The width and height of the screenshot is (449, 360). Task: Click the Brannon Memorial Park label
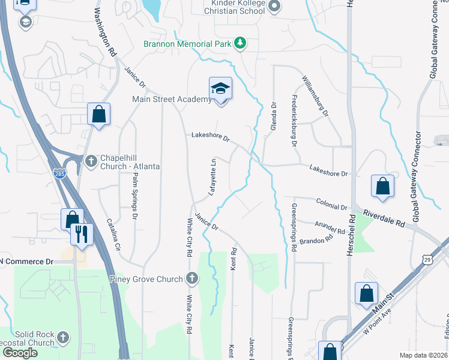click(188, 43)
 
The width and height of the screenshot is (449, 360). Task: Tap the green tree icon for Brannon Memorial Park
click(240, 43)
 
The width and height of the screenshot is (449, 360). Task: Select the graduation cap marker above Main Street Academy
click(220, 89)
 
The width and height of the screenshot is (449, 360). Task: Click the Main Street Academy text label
click(172, 99)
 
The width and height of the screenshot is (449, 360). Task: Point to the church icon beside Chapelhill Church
click(91, 160)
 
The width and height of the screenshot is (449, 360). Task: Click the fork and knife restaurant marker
click(82, 234)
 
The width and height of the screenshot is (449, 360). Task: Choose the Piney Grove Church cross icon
click(191, 278)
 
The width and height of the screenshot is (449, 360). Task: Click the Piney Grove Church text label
click(146, 278)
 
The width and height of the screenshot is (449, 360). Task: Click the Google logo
click(20, 353)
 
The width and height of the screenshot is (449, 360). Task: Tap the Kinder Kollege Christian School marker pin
click(275, 7)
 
